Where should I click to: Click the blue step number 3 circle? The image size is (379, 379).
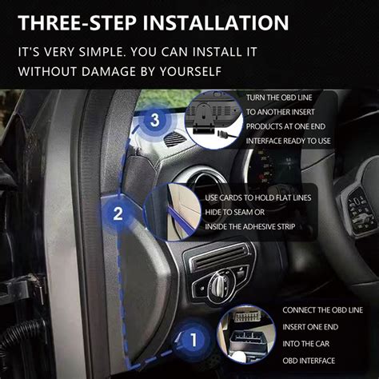pyautogui.click(x=154, y=120)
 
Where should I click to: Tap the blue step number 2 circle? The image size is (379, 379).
pyautogui.click(x=118, y=213)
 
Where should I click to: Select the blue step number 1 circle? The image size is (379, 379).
pyautogui.click(x=193, y=340)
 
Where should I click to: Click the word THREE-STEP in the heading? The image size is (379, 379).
pyautogui.click(x=78, y=22)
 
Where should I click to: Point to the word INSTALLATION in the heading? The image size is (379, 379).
pyautogui.click(x=216, y=22)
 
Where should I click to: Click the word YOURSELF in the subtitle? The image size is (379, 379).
pyautogui.click(x=190, y=71)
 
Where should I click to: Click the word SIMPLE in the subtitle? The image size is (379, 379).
pyautogui.click(x=102, y=51)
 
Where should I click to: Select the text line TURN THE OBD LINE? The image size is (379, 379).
pyautogui.click(x=279, y=98)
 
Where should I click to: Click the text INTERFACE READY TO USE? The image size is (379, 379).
pyautogui.click(x=288, y=141)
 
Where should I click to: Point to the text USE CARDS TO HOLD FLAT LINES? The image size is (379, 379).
pyautogui.click(x=258, y=197)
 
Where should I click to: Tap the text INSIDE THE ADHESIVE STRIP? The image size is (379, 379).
pyautogui.click(x=249, y=226)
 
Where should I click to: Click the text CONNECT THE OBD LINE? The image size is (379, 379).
pyautogui.click(x=323, y=310)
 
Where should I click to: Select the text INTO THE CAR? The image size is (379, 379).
pyautogui.click(x=306, y=344)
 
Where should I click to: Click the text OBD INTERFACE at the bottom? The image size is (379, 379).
pyautogui.click(x=309, y=361)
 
